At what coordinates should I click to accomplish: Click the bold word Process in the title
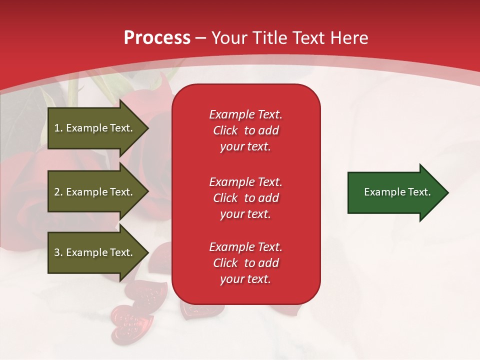pyautogui.click(x=157, y=38)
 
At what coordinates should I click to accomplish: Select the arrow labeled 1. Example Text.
pyautogui.click(x=95, y=128)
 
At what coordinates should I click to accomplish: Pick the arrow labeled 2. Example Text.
pyautogui.click(x=95, y=192)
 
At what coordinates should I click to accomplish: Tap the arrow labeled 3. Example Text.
pyautogui.click(x=95, y=252)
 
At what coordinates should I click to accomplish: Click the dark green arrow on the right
pyautogui.click(x=395, y=192)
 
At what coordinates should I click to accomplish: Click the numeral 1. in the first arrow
pyautogui.click(x=58, y=128)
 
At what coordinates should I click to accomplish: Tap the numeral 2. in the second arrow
pyautogui.click(x=58, y=192)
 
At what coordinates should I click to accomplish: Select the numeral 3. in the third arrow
pyautogui.click(x=58, y=252)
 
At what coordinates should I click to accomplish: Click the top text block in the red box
pyautogui.click(x=245, y=130)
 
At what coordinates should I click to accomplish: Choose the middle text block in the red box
pyautogui.click(x=245, y=198)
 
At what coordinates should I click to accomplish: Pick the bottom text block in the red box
pyautogui.click(x=245, y=263)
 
